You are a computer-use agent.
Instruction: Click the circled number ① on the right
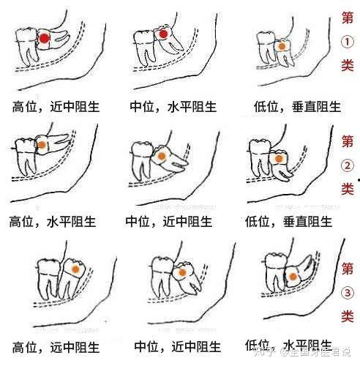(347, 42)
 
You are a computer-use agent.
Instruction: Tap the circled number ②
(347, 165)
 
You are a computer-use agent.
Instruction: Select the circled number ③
(348, 293)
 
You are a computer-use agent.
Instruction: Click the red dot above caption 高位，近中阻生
(44, 38)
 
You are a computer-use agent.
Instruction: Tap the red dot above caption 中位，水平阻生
(163, 34)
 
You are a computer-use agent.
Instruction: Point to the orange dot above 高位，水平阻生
(42, 145)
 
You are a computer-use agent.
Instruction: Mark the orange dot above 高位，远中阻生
(76, 269)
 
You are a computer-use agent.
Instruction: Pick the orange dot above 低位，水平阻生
(293, 277)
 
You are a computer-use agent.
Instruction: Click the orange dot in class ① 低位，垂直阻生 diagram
(282, 46)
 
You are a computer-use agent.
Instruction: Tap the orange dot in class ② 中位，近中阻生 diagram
(161, 156)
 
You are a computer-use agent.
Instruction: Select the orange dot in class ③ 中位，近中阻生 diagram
(181, 273)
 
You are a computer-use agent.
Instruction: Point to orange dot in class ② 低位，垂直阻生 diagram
(279, 159)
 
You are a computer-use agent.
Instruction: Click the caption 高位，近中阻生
(56, 107)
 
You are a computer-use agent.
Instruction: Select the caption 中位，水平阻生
(173, 107)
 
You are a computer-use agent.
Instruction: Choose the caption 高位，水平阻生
(53, 222)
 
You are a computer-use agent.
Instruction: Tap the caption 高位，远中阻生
(56, 347)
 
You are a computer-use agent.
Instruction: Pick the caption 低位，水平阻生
(289, 346)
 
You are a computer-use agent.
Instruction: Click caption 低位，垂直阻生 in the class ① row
(297, 107)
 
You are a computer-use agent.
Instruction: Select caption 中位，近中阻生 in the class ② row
(169, 221)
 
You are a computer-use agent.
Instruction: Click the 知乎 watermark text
(264, 352)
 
